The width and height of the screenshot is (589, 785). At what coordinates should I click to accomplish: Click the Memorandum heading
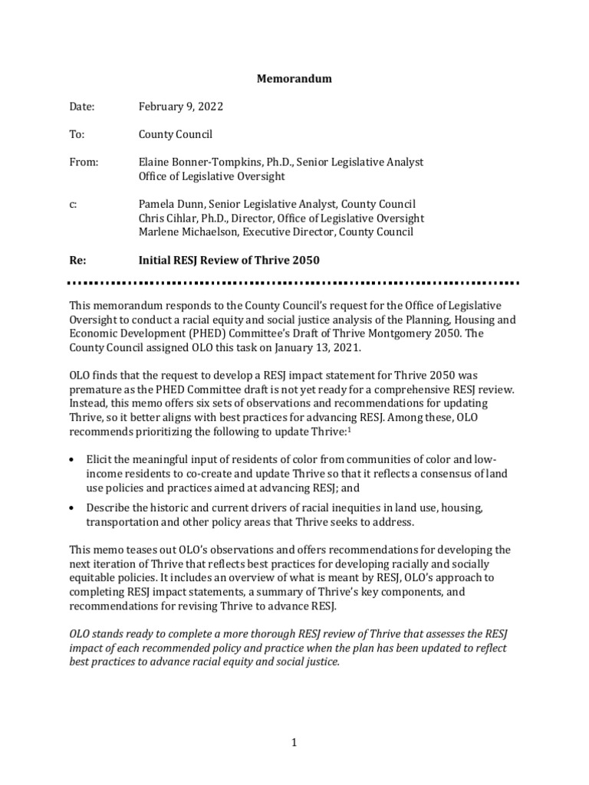[x=294, y=79]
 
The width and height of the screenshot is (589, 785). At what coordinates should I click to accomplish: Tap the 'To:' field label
[x=77, y=134]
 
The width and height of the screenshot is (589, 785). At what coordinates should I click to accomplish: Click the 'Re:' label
[x=78, y=260]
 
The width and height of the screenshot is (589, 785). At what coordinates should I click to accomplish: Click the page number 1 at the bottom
[x=294, y=742]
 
